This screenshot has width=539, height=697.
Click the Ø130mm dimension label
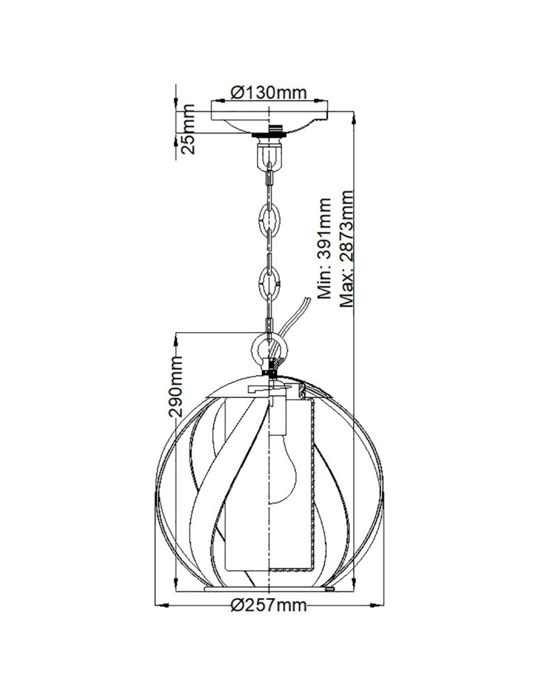(x=269, y=92)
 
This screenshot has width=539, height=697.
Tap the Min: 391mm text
(x=325, y=248)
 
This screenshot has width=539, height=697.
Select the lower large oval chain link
(x=269, y=283)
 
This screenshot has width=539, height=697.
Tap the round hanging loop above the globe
(x=269, y=346)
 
